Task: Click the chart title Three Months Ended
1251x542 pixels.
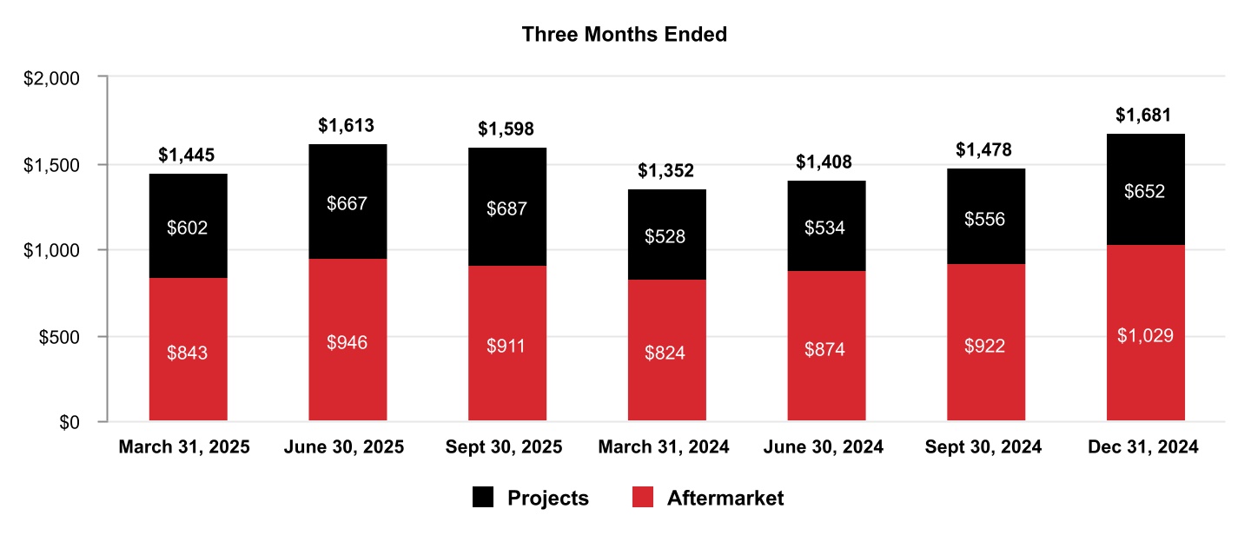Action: (x=624, y=35)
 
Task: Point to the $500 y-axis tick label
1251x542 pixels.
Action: (x=60, y=337)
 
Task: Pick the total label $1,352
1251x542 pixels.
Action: (x=666, y=170)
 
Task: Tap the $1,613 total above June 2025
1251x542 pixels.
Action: (x=347, y=126)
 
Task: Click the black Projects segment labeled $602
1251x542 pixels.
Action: (x=188, y=227)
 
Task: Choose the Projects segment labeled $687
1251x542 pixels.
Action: (x=506, y=208)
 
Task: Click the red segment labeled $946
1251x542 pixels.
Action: (x=347, y=340)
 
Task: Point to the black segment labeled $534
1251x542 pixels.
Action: (x=826, y=227)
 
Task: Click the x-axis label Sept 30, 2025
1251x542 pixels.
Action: (x=504, y=447)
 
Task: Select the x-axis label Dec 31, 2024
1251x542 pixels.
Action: (x=1143, y=447)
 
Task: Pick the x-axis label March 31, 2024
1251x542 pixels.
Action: (x=664, y=447)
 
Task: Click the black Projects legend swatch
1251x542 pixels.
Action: (x=482, y=498)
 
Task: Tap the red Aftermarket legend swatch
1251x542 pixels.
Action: (x=642, y=498)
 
